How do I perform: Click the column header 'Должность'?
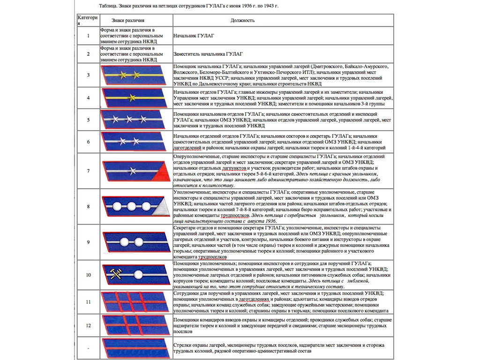242,21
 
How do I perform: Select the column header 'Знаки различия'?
128,21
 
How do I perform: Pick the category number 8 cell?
88,207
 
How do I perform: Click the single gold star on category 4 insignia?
132,97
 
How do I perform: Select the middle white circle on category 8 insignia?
132,206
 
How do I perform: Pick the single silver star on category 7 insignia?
132,171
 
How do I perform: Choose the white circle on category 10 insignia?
139,274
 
